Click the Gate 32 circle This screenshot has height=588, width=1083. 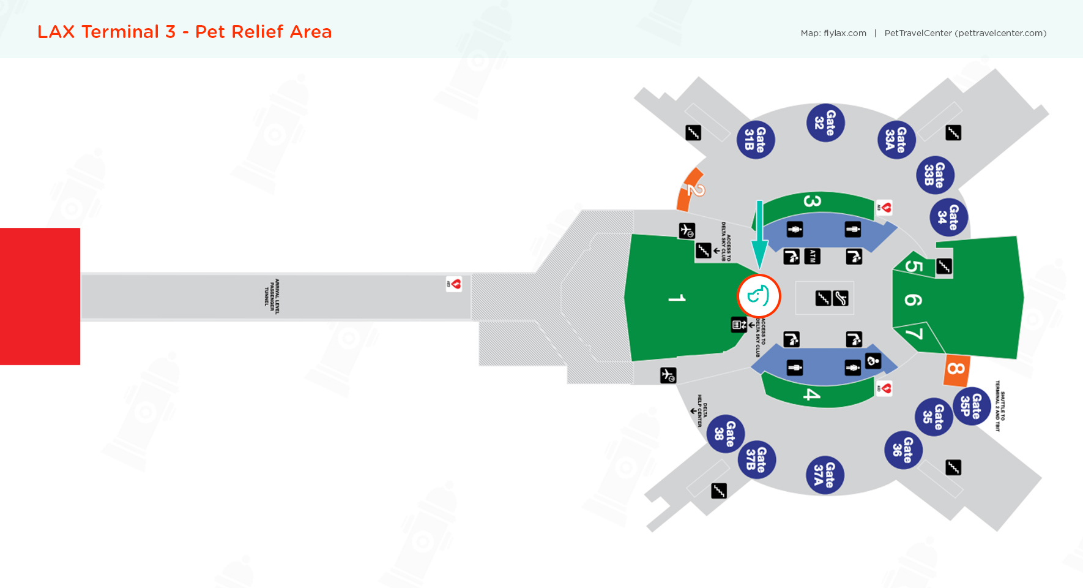[x=825, y=123]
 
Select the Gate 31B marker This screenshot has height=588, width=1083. [x=756, y=140]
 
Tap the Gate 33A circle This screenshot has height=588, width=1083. [x=896, y=140]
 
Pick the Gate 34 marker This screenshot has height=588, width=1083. [x=949, y=217]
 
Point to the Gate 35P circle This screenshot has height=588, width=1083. [x=972, y=405]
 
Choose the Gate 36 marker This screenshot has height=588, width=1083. [x=903, y=450]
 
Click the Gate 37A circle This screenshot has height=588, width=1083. [x=825, y=475]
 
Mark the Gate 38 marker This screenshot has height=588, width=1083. [x=726, y=434]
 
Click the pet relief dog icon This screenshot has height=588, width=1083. [x=759, y=296]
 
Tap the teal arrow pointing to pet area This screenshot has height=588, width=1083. [x=759, y=235]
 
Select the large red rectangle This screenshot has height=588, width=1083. [x=40, y=296]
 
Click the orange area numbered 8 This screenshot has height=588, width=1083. [x=956, y=369]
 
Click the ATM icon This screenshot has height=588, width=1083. [x=812, y=256]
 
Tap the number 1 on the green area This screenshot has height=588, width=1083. [x=677, y=298]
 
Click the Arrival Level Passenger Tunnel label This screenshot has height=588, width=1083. [x=272, y=296]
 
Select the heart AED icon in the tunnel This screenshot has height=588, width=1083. [x=454, y=284]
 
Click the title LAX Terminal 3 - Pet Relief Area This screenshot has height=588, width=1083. [x=184, y=32]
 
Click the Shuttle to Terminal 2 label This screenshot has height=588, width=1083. [x=1000, y=405]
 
